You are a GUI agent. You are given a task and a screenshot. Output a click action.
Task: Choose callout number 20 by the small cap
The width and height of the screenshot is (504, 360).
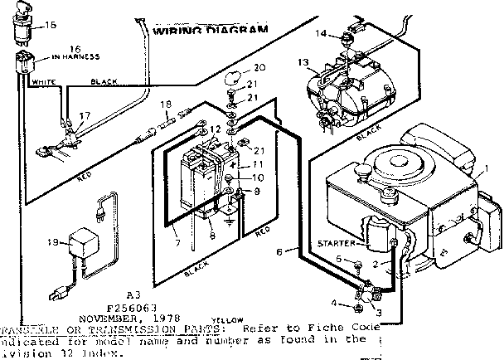[260, 68]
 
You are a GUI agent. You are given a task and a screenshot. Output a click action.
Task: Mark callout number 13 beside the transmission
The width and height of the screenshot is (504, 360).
[303, 62]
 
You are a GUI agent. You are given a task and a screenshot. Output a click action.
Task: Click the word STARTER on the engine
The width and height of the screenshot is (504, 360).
[335, 242]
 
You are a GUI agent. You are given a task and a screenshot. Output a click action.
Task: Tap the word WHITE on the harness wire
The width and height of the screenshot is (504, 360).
[42, 83]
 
